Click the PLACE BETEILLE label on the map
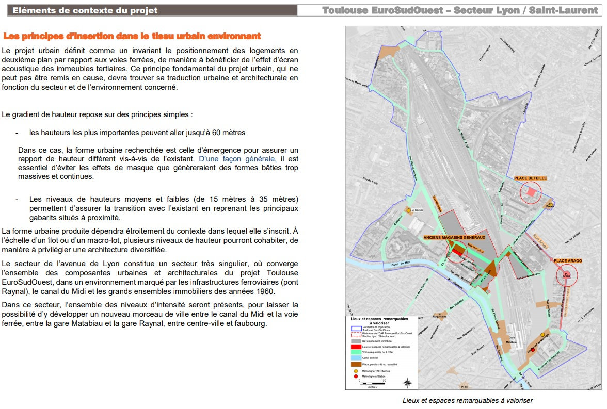tap(530, 178)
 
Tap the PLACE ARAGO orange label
tap(568, 261)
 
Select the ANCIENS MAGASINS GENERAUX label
tap(455, 237)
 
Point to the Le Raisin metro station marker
tap(408, 210)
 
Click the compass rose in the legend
tap(408, 382)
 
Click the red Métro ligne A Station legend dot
tap(355, 377)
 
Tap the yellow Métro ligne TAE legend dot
tap(355, 371)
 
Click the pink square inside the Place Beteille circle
tap(531, 192)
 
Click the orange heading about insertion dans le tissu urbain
tap(132, 36)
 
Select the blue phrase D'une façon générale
tap(237, 159)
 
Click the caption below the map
tap(468, 400)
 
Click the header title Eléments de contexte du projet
tap(85, 10)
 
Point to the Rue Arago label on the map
tap(541, 242)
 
